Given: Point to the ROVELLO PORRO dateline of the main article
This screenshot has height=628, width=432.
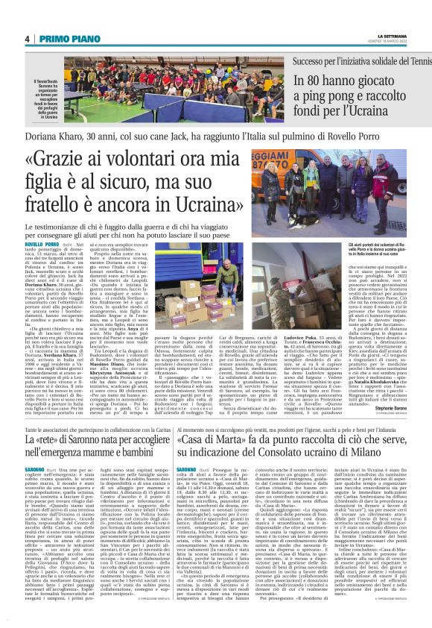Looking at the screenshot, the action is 41,243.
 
